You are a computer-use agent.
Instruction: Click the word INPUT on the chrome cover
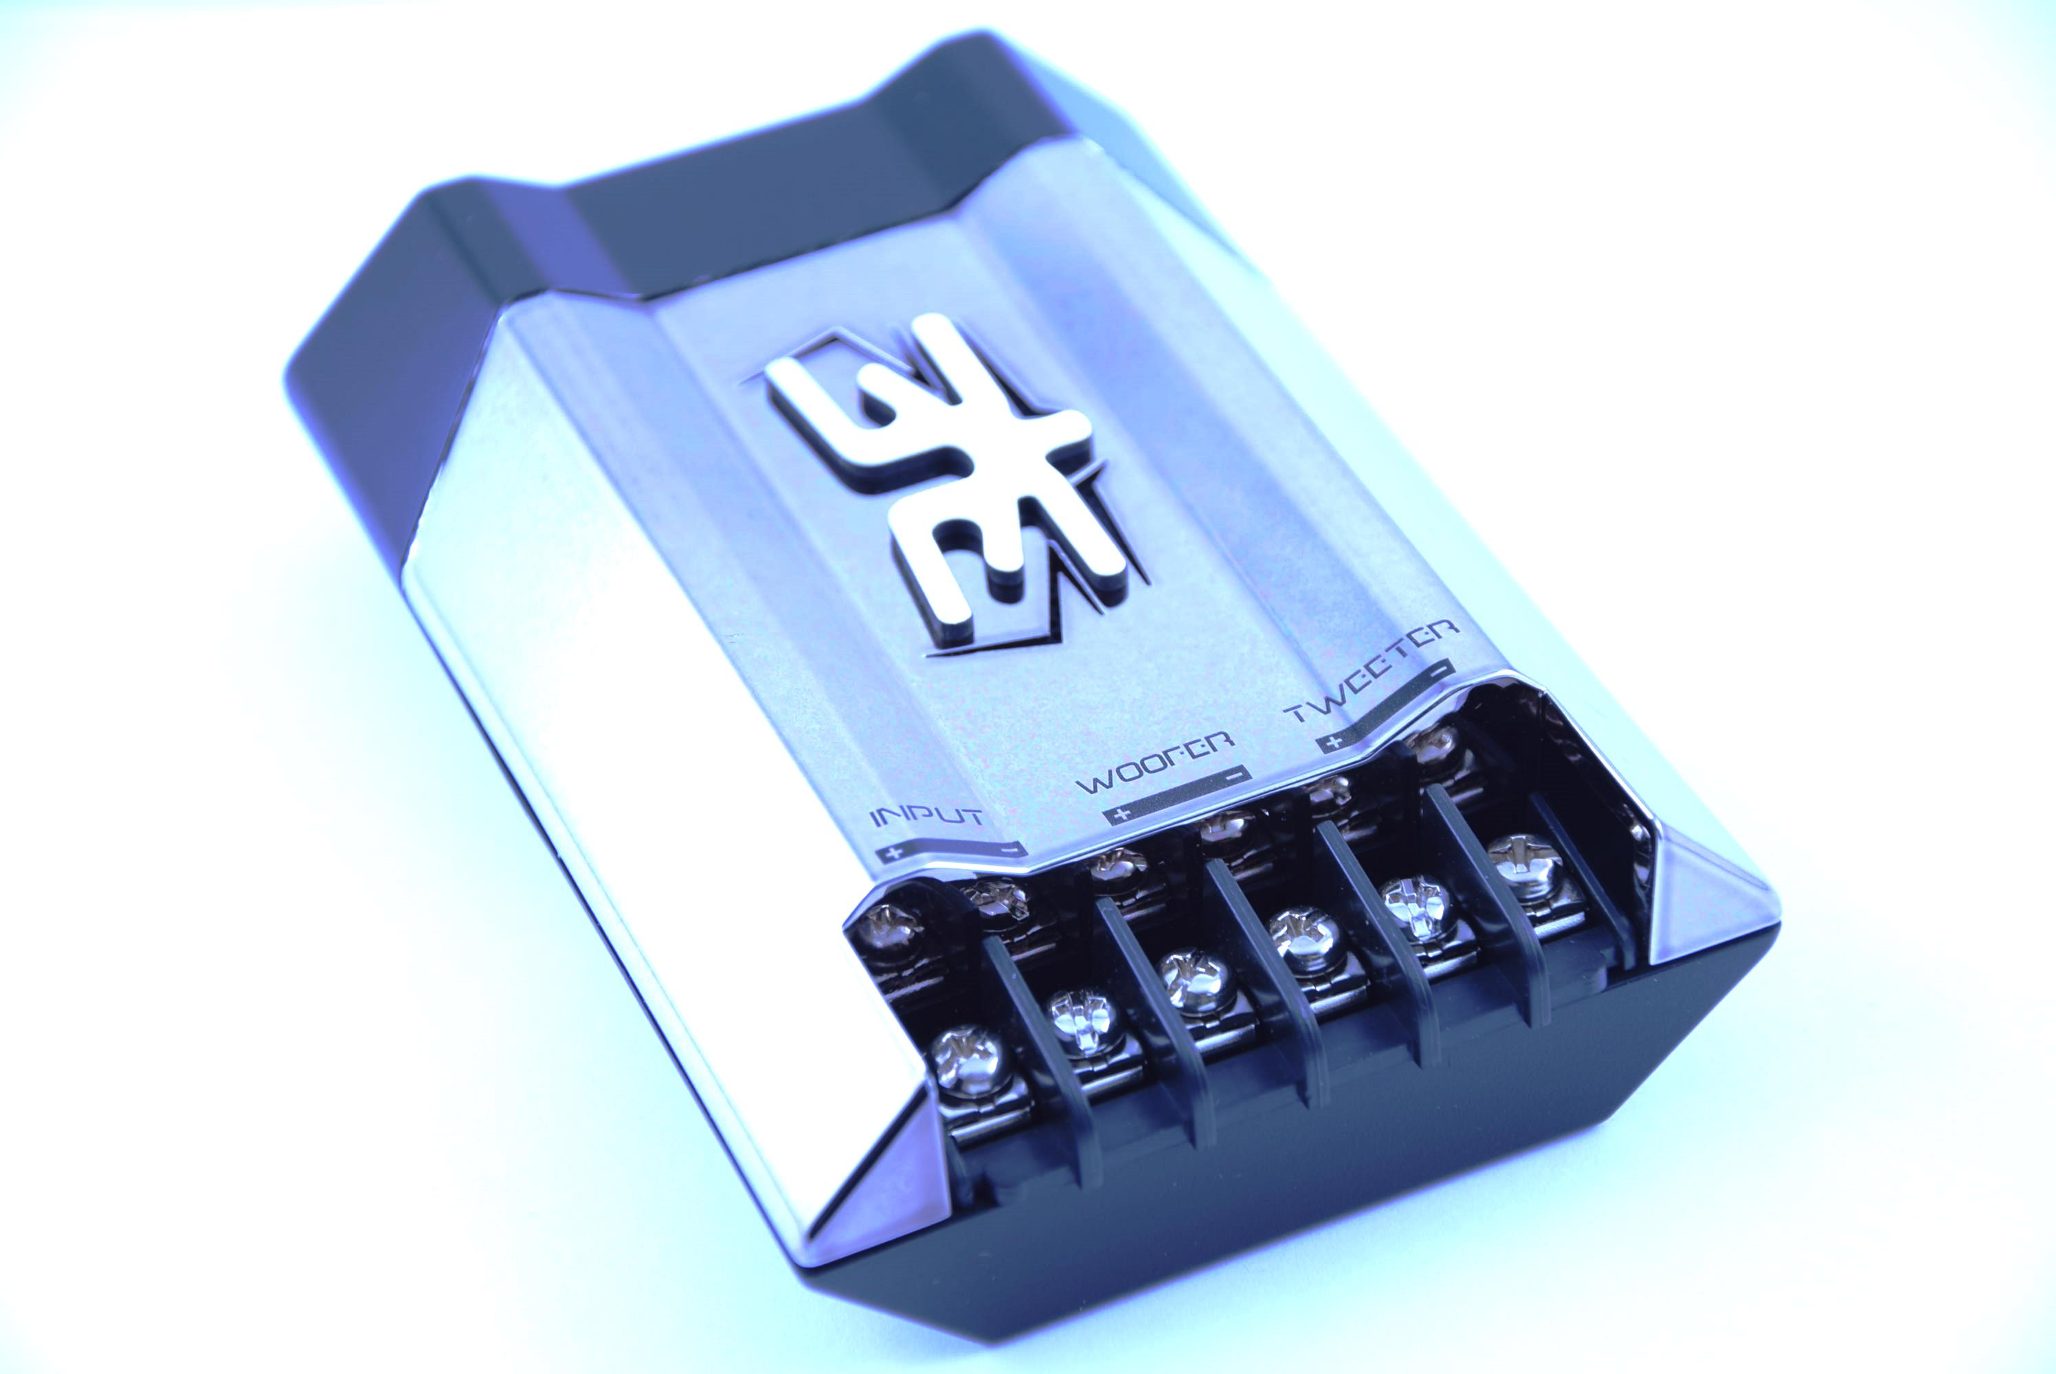coord(926,817)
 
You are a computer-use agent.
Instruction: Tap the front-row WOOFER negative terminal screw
coord(1305,935)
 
